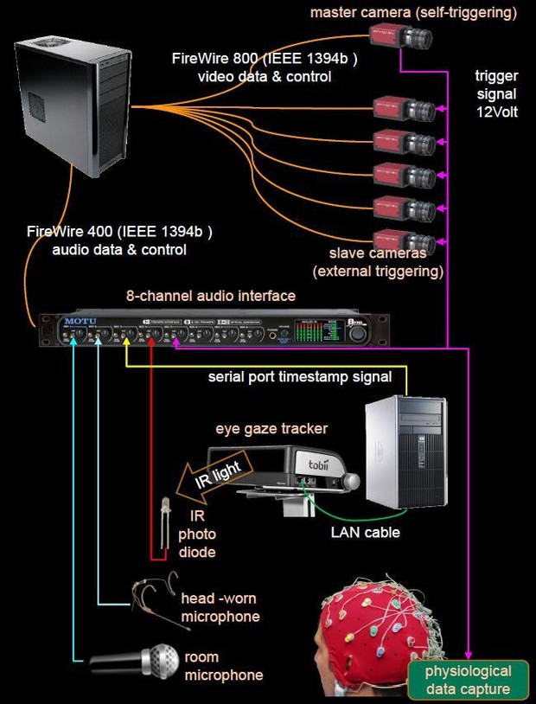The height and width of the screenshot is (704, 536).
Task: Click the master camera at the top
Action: coord(400,36)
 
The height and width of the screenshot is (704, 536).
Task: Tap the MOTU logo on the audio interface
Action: coord(74,321)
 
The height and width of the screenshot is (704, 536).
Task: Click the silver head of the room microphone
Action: coord(163,660)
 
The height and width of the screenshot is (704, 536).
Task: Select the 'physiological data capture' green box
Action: coord(468,680)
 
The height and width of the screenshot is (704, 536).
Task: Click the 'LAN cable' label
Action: coord(365,532)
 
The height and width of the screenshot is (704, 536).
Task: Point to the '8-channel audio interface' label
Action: coord(211,296)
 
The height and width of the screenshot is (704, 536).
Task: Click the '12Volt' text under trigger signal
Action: coord(496,111)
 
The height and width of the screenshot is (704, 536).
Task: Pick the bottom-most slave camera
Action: coord(400,240)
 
